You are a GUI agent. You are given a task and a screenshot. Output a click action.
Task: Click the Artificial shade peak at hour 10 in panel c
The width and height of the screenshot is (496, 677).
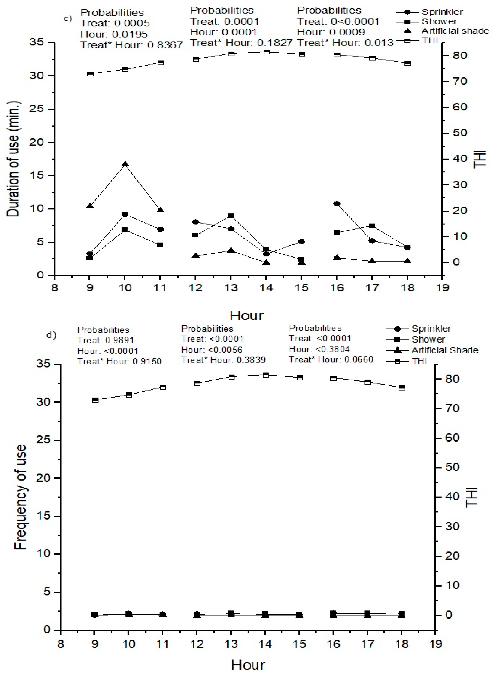[125, 164]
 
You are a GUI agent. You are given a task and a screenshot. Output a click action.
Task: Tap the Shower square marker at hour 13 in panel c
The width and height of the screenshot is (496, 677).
[231, 216]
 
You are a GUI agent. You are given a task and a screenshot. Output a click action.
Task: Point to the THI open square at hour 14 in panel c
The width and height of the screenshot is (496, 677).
[266, 52]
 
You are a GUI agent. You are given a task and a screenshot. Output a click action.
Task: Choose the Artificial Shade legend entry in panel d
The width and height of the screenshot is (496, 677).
[445, 350]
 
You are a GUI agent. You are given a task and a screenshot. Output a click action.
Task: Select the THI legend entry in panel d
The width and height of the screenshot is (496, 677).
[419, 361]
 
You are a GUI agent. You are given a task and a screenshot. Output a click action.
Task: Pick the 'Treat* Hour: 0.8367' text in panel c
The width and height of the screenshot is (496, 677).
[131, 45]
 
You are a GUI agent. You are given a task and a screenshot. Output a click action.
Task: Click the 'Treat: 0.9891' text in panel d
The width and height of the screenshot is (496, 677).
[106, 340]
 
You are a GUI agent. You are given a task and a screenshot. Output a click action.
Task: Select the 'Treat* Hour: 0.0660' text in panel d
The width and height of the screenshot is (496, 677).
[331, 359]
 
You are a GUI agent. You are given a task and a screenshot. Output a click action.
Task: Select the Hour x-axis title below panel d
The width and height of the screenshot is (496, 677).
[248, 665]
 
